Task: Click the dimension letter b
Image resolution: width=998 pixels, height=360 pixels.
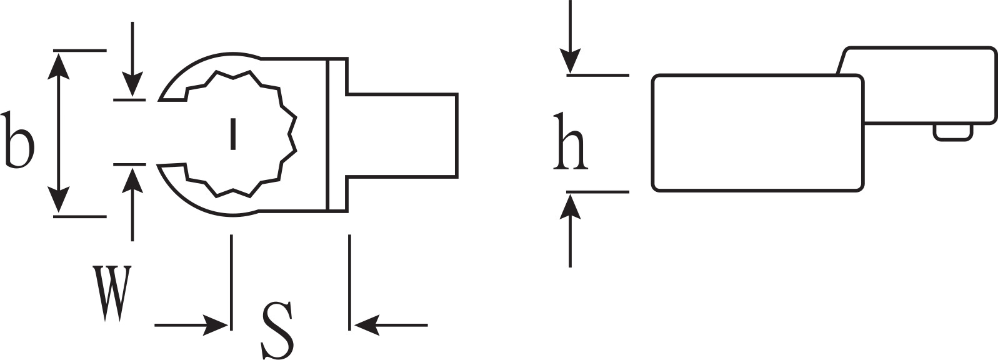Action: (18, 141)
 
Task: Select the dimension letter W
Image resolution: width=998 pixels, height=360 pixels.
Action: (112, 293)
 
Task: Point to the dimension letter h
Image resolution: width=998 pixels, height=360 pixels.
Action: (571, 141)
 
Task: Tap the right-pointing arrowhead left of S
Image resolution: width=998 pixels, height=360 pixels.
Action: (216, 325)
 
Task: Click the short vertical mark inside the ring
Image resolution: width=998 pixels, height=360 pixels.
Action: (232, 134)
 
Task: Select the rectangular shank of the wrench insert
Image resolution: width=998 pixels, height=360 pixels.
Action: (401, 136)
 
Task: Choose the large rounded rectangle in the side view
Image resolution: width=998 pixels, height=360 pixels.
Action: (758, 133)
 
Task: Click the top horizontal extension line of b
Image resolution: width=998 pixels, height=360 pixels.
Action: (80, 51)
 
